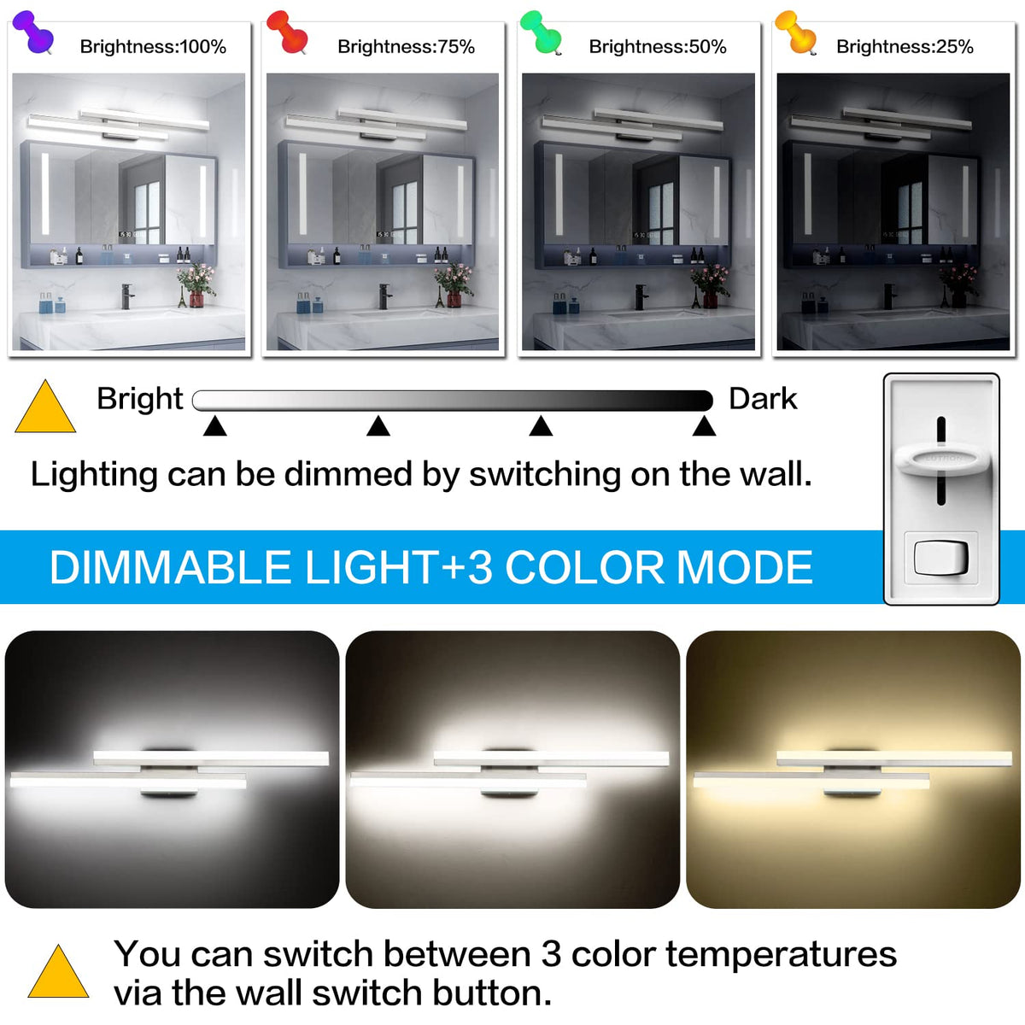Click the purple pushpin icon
tap(33, 32)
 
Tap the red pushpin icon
tap(287, 32)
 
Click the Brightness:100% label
tap(153, 47)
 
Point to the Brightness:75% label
tap(407, 47)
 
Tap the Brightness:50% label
tap(658, 47)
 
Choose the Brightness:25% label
tap(905, 47)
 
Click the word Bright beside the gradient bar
tap(140, 399)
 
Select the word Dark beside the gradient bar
tap(763, 399)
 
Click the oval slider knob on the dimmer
tap(942, 459)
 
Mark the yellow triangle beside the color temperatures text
tap(59, 973)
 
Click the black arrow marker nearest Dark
tap(704, 426)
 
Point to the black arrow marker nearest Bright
tap(215, 426)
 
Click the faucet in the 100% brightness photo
tap(127, 296)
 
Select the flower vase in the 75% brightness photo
tap(454, 288)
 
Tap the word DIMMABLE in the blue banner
tap(170, 567)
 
